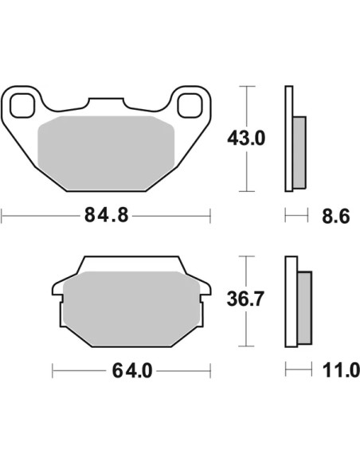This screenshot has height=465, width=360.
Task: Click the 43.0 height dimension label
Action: [246, 139]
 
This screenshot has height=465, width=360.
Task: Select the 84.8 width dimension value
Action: [107, 215]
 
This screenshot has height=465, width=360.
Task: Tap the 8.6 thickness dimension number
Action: [335, 217]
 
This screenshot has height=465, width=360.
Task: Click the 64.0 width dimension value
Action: [132, 371]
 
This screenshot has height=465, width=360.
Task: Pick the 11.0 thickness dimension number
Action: [341, 370]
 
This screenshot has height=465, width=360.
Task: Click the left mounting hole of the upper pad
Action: [22, 105]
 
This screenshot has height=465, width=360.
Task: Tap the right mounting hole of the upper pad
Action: [190, 105]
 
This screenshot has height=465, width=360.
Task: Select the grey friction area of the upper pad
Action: [106, 153]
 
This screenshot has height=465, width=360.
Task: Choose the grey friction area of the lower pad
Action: [131, 309]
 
